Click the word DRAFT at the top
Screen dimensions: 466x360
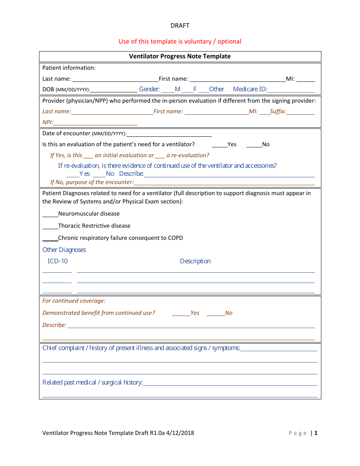(x=180, y=26)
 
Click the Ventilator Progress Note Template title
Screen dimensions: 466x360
(x=180, y=56)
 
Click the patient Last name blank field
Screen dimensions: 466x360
(x=115, y=79)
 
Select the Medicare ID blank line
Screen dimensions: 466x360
(x=291, y=90)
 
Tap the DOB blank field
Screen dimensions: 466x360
(x=114, y=90)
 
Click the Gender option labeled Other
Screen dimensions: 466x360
(x=216, y=89)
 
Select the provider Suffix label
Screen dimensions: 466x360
(x=278, y=111)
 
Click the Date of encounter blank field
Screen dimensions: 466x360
(x=169, y=134)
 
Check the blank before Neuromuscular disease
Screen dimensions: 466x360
(x=50, y=214)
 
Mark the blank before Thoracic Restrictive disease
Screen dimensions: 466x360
(x=50, y=227)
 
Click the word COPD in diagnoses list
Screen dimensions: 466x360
(x=175, y=238)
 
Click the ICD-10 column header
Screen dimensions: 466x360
(x=58, y=261)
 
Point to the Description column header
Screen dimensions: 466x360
(x=195, y=261)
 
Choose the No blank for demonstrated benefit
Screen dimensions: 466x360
(x=216, y=313)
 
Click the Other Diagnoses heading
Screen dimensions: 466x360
(x=64, y=250)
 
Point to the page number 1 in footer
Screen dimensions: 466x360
(x=316, y=433)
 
